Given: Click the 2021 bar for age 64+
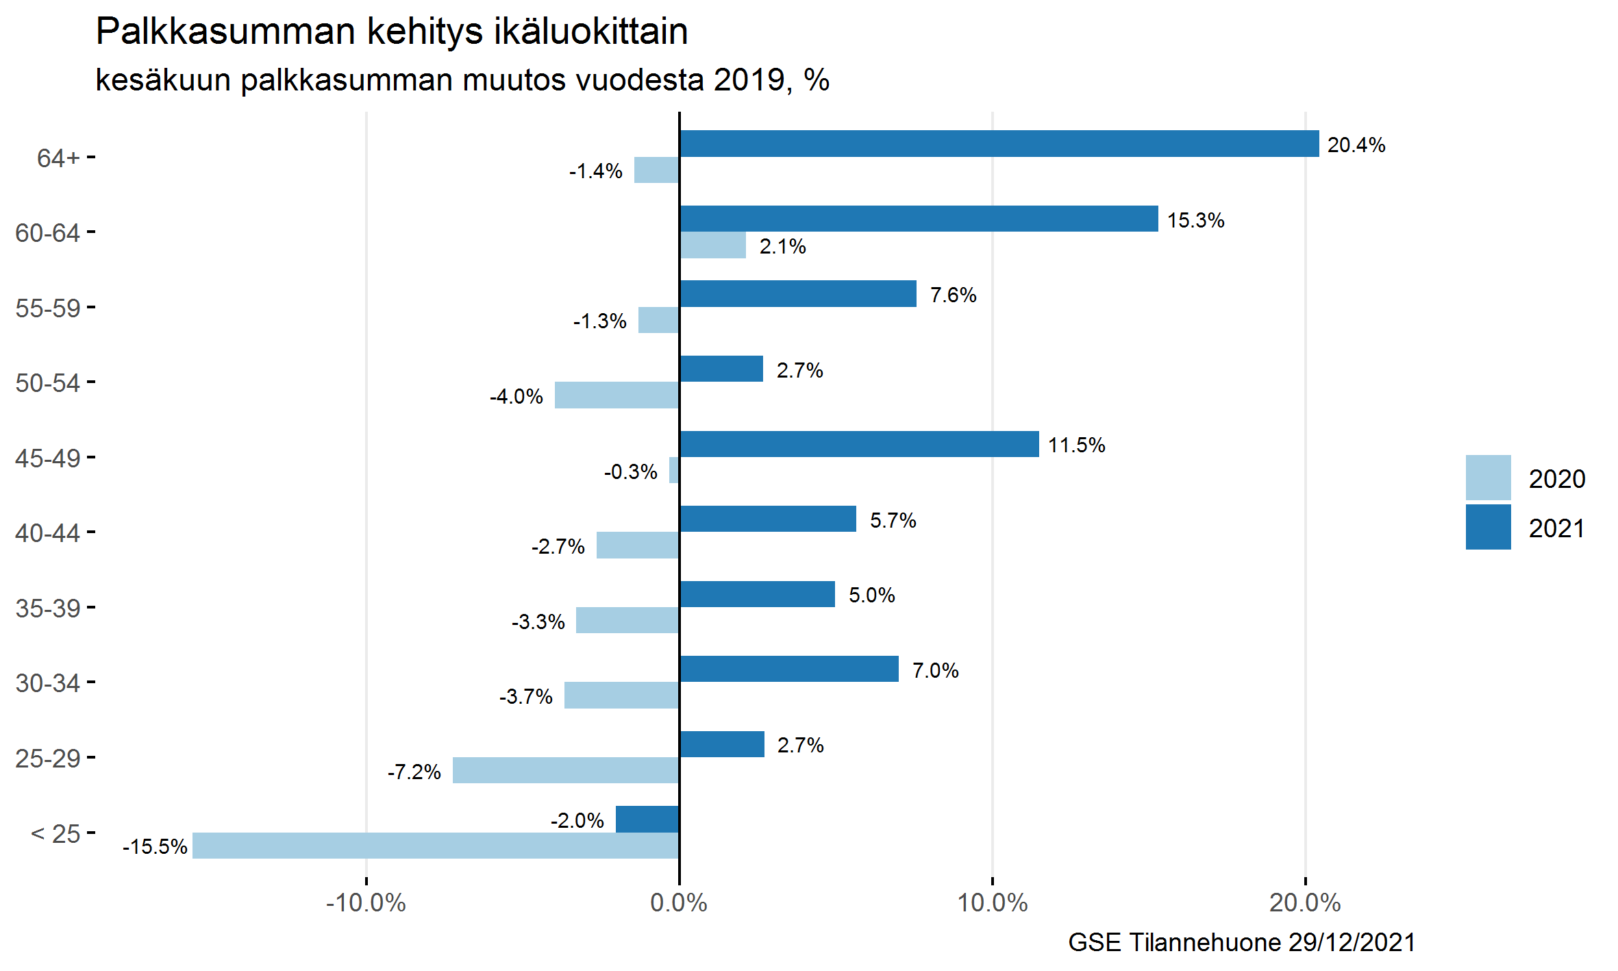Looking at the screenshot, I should tap(999, 144).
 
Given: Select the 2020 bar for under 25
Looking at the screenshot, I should tap(436, 845).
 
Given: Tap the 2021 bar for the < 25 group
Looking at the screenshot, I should tap(647, 819).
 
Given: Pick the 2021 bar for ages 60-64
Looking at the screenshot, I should tap(919, 219).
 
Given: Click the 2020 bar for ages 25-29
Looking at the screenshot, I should tap(566, 770).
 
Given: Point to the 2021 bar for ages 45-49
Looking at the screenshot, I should tap(859, 444).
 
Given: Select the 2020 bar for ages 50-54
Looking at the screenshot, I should tap(617, 395).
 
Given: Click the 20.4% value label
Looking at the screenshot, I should tap(1356, 145).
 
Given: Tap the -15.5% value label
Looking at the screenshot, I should tap(155, 847).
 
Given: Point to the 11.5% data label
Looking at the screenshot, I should tap(1076, 445).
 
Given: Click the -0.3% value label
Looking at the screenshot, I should tap(630, 472).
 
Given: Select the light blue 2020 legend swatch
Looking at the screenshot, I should tap(1488, 478).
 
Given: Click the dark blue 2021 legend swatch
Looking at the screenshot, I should tap(1488, 527).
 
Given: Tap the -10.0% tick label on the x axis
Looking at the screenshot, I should tap(366, 903).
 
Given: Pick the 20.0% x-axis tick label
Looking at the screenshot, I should tap(1304, 903).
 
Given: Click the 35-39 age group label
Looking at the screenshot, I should tap(48, 609).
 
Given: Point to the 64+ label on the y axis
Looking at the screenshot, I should tap(58, 158).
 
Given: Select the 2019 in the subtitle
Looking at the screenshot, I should tap(749, 80).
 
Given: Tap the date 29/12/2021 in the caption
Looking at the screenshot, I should tap(1352, 943).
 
